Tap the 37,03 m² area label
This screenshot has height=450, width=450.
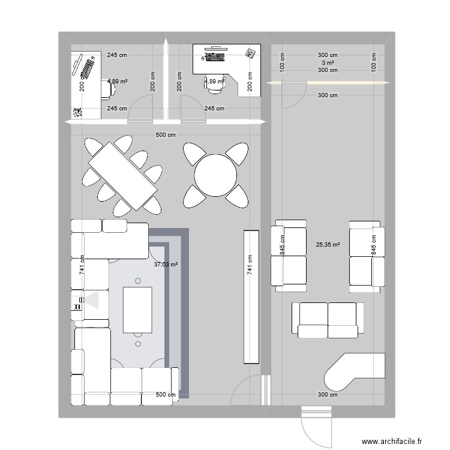point(166,264)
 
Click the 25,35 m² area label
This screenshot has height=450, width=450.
point(328,245)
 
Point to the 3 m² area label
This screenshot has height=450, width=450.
point(328,62)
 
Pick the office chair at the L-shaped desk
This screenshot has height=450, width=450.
point(214,85)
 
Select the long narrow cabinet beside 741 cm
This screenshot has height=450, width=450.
point(251,296)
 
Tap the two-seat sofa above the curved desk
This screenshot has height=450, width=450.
point(328,319)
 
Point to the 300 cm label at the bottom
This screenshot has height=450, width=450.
point(328,395)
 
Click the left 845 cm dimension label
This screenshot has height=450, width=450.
point(282,244)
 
